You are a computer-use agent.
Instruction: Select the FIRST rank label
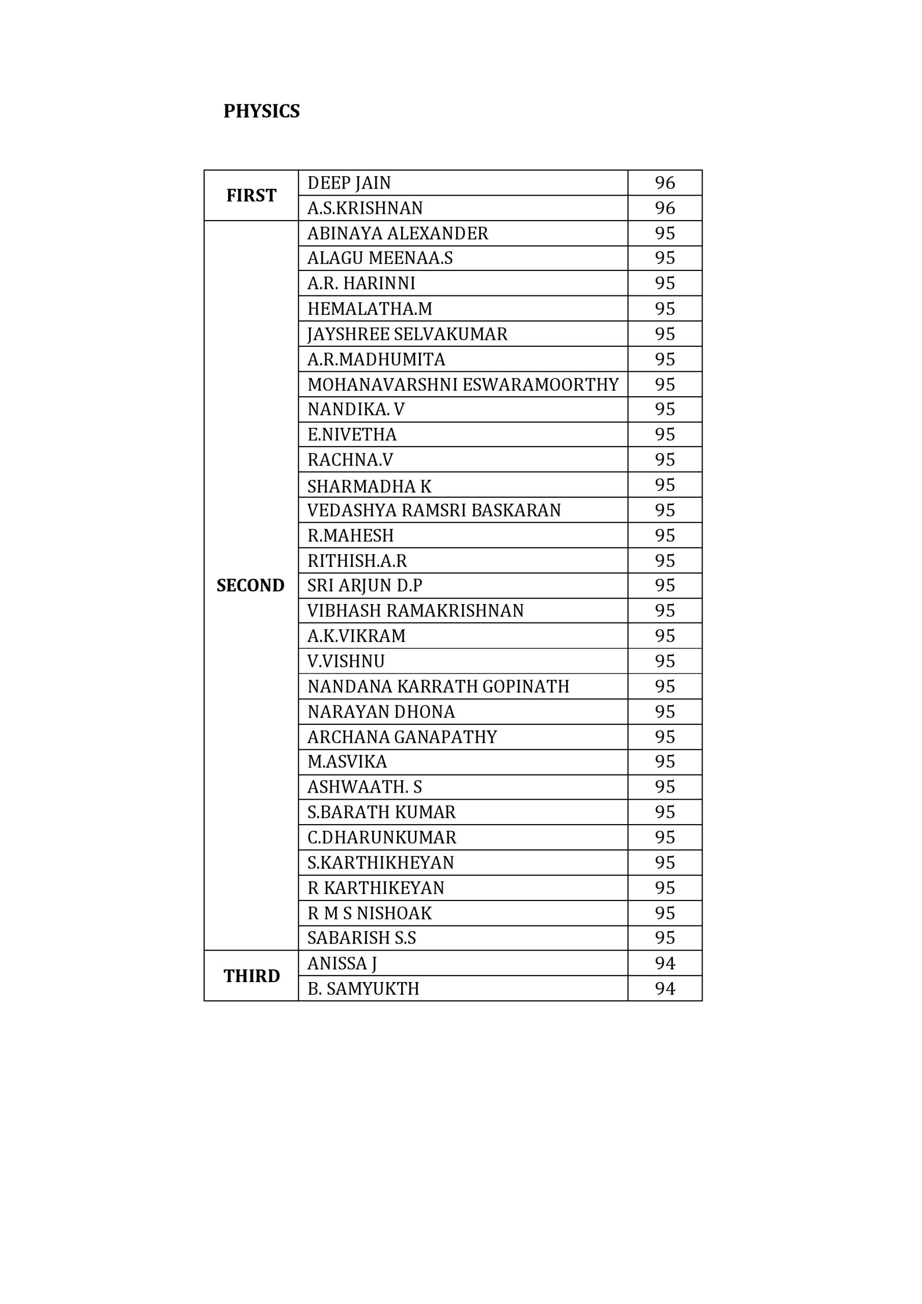[251, 196]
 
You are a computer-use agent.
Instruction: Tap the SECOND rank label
[250, 586]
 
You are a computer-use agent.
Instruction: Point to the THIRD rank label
[252, 976]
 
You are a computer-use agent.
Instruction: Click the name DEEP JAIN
[349, 183]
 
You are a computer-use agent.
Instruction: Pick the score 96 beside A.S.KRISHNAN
[664, 208]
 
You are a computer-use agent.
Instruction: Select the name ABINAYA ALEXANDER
[398, 233]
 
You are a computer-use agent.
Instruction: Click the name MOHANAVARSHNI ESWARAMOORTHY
[463, 385]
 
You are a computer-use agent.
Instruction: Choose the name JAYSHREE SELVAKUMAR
[407, 334]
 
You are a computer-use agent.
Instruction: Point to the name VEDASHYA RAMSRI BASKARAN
[434, 510]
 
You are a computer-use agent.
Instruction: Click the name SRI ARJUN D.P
[365, 586]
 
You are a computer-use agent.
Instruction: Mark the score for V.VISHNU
[664, 661]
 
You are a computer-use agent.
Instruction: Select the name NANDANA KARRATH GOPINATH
[438, 686]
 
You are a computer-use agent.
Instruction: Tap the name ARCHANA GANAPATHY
[402, 737]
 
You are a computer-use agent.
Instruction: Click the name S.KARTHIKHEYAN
[380, 862]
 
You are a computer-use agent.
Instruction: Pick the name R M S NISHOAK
[369, 913]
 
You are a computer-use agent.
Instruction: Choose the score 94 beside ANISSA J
[664, 963]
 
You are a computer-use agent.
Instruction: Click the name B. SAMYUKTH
[363, 989]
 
